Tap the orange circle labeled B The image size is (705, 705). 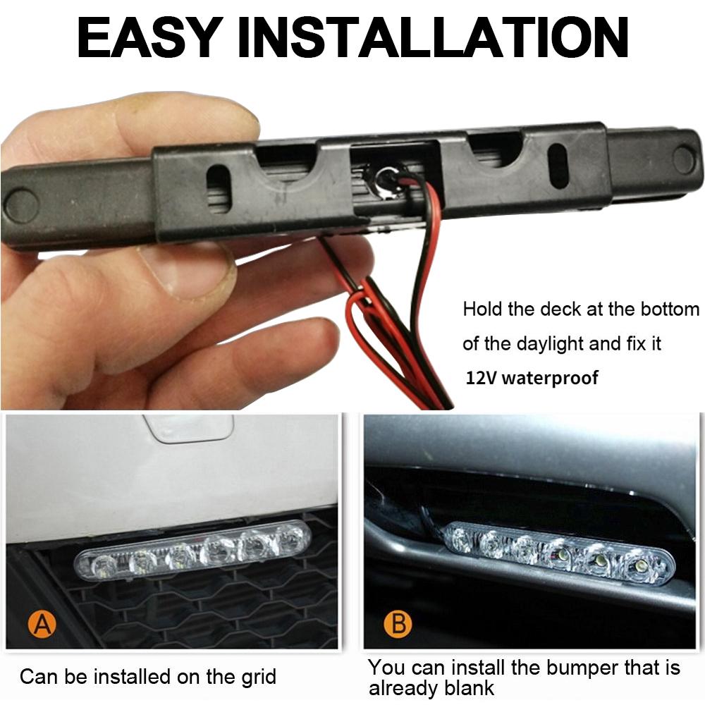398,625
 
